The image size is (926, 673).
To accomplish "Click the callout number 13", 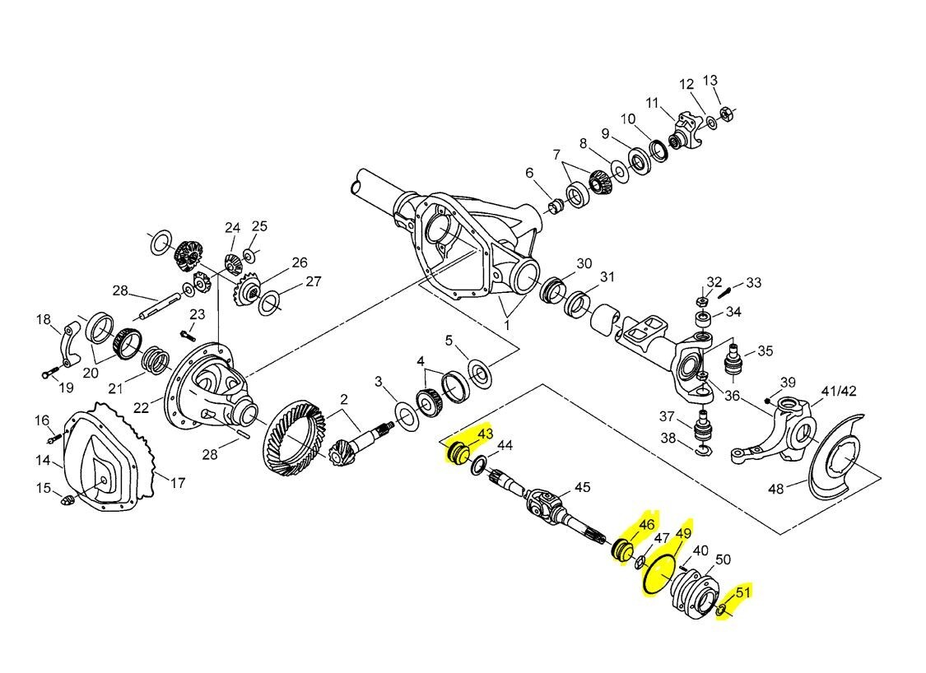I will coord(710,80).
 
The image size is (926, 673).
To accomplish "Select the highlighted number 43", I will coord(485,434).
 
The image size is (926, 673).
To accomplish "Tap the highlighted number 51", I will coord(743,591).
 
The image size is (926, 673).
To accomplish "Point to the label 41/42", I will coord(839,391).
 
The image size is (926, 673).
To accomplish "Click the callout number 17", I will coord(178,483).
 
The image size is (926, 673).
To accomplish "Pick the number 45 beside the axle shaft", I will coord(582,487).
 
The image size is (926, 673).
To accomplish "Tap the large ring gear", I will coord(292,437).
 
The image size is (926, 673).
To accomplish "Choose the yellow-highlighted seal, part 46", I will coord(623,549).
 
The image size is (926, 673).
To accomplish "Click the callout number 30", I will coord(584,263).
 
